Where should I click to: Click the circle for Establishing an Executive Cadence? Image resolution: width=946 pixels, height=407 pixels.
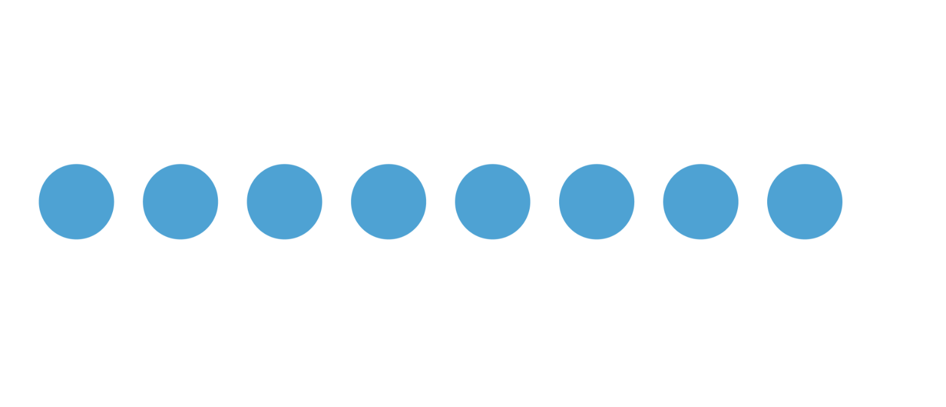(x=76, y=201)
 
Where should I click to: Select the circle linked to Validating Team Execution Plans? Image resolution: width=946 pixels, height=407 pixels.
(x=180, y=201)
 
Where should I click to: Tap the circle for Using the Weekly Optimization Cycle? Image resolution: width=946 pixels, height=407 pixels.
(x=284, y=201)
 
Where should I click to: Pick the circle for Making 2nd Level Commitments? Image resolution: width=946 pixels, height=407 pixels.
(x=388, y=201)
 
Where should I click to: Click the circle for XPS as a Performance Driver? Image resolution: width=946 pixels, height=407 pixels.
(x=493, y=201)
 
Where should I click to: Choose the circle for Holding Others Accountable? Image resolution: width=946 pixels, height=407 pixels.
(x=596, y=201)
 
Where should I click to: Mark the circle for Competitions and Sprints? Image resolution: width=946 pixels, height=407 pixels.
(x=701, y=201)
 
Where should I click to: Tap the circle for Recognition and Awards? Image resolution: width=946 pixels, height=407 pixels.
(x=804, y=201)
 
